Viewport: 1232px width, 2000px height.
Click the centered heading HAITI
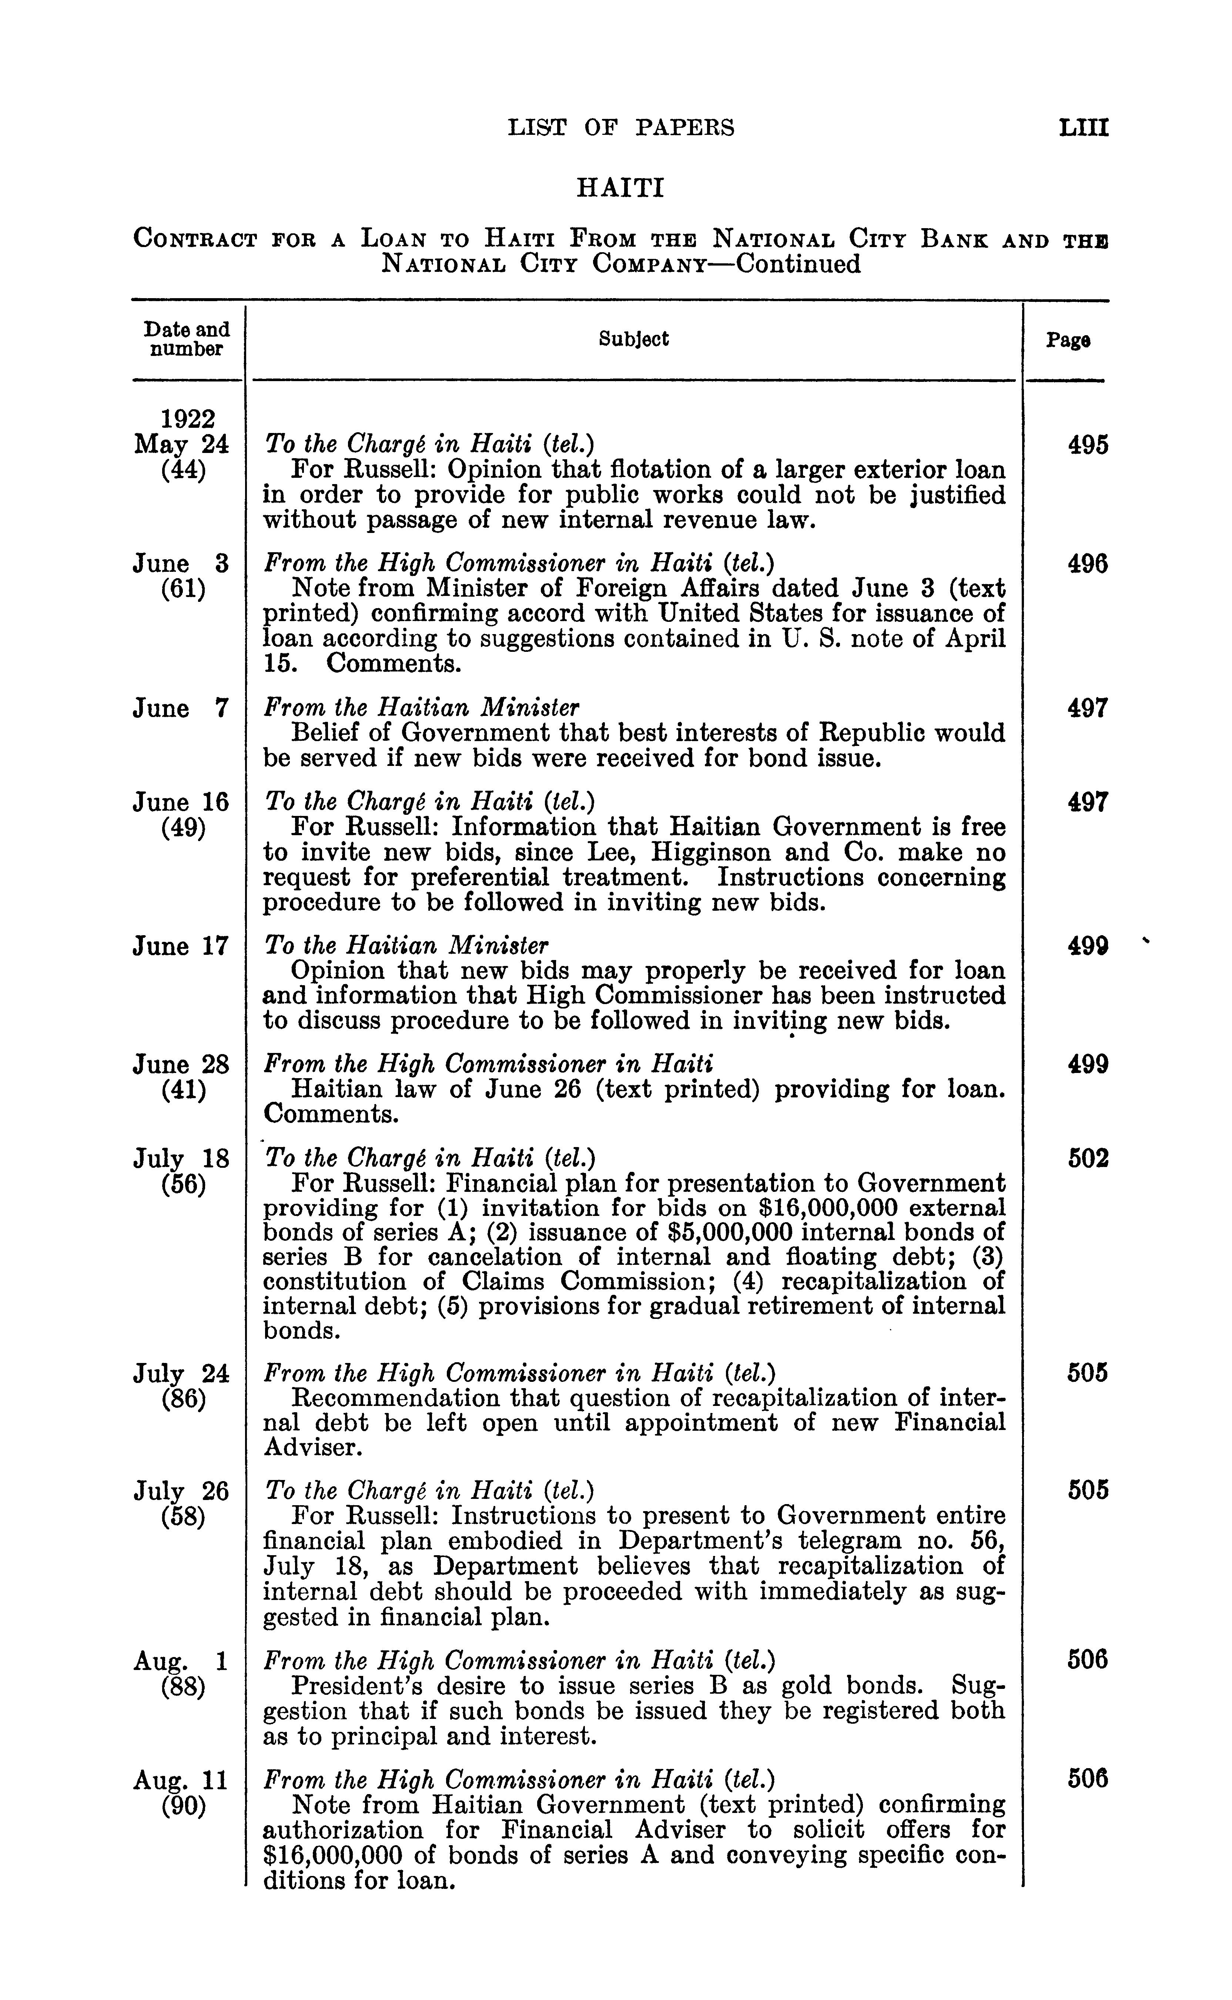pyautogui.click(x=620, y=189)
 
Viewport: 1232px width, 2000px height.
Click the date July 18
pyautogui.click(x=181, y=1158)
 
